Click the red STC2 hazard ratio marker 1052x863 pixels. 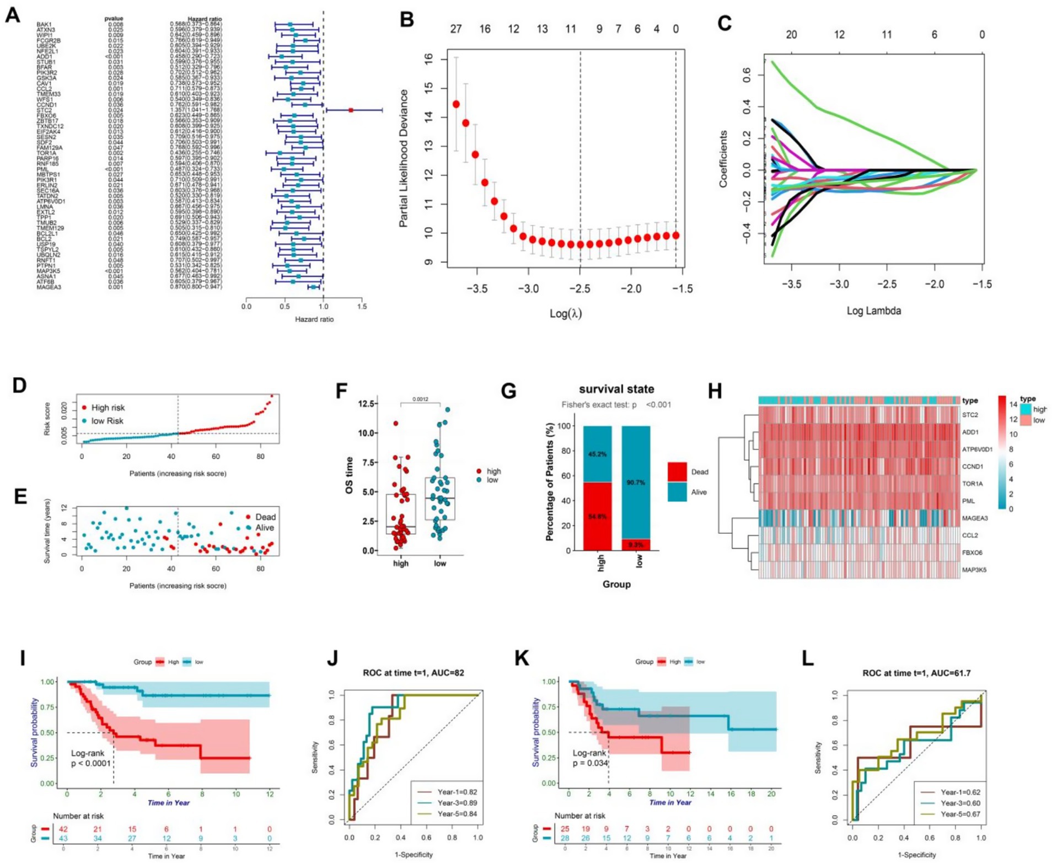point(351,110)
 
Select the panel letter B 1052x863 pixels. point(407,20)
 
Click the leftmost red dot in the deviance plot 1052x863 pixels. point(456,104)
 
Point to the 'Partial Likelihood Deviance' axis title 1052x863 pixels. point(404,158)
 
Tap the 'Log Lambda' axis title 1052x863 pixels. point(873,310)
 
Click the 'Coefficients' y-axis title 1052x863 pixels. point(723,159)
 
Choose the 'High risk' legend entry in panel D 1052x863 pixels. point(108,408)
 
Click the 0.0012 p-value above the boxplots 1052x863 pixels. point(420,399)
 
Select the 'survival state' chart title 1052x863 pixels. point(616,389)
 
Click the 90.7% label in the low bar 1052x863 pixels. point(636,483)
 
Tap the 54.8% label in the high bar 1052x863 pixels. point(597,516)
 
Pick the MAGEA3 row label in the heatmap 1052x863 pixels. point(975,518)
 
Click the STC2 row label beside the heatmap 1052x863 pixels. point(970,415)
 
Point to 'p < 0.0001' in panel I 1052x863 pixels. point(91,763)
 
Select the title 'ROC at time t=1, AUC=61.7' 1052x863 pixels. point(916,673)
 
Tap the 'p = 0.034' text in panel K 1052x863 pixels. point(590,763)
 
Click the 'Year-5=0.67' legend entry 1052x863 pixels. point(960,814)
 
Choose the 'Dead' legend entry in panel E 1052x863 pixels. point(265,517)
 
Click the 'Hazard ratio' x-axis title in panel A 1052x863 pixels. point(314,319)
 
